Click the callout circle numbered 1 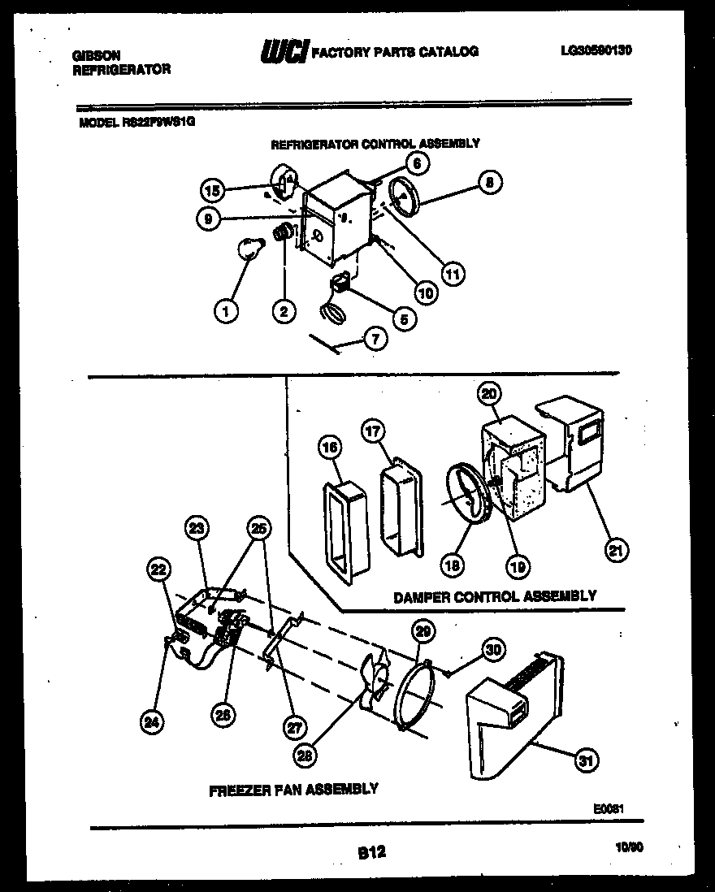[x=227, y=310]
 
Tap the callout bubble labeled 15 [x=212, y=191]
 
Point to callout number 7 [x=375, y=340]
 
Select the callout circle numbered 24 [x=151, y=720]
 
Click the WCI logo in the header [x=284, y=52]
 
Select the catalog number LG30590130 [x=596, y=50]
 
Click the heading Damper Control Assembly [x=494, y=596]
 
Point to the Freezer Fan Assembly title [x=293, y=788]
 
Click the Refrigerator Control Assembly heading [x=375, y=143]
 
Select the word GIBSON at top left [x=97, y=55]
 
